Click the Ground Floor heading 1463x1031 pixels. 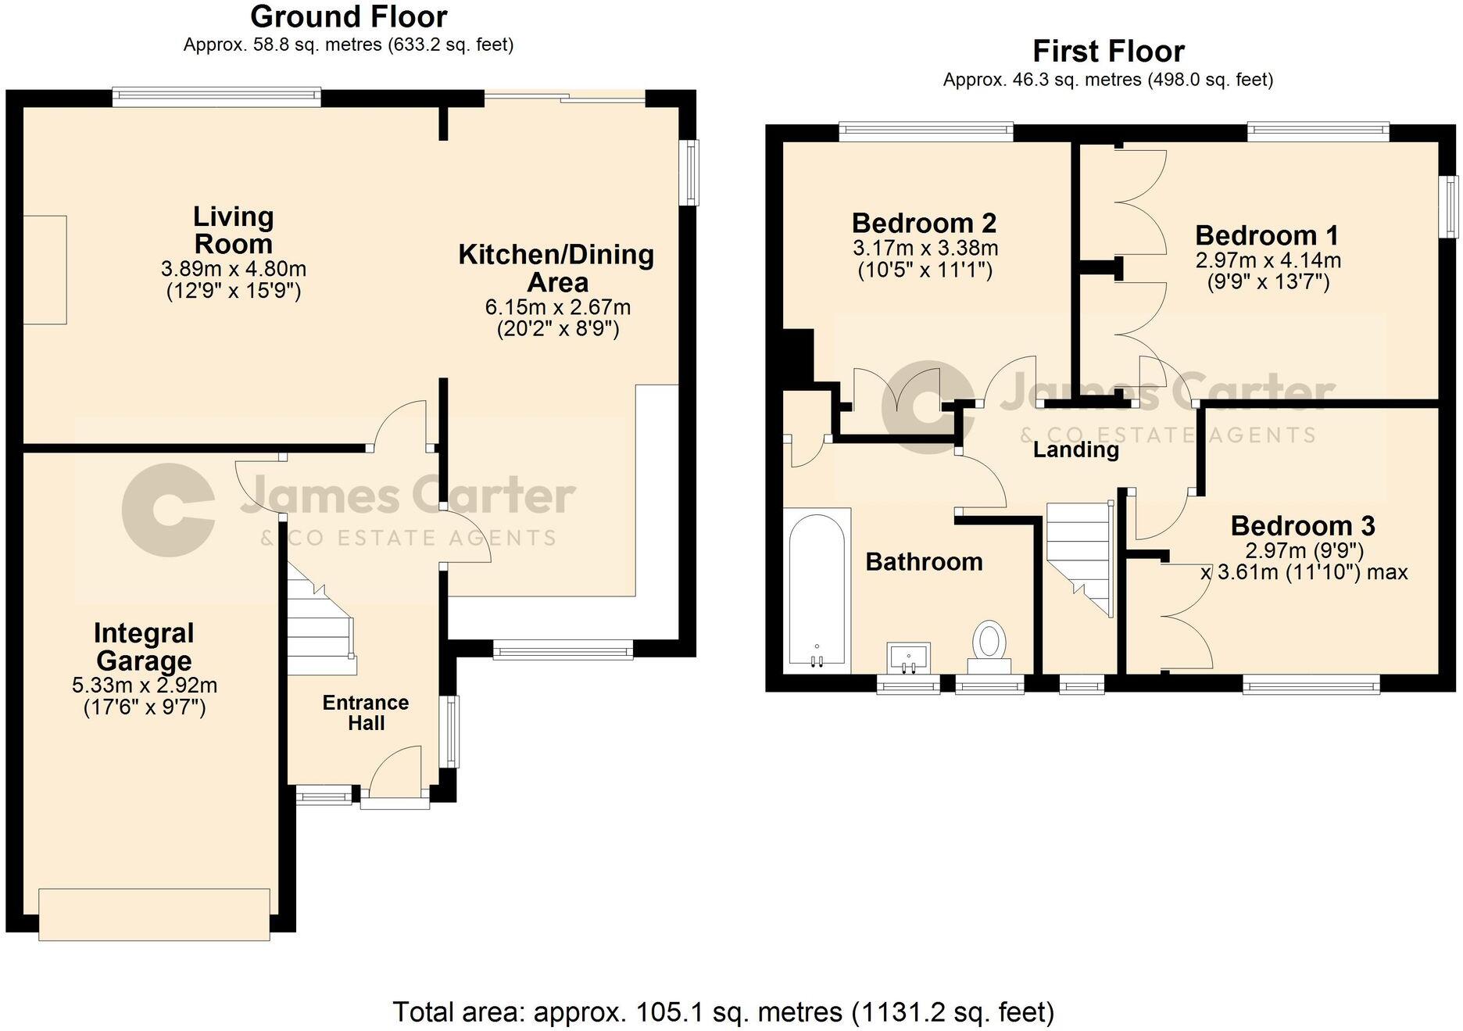349,16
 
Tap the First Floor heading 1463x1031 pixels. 1107,52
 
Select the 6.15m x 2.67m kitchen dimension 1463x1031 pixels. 557,307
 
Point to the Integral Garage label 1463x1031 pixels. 144,646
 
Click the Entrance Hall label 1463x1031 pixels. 366,712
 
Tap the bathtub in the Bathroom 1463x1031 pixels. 817,590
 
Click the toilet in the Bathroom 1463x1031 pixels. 989,642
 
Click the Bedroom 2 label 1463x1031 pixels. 924,224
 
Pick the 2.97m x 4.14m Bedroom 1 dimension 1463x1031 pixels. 1268,260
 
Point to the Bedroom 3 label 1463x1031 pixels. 1302,526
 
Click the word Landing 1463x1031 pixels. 1075,449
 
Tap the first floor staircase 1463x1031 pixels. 1079,555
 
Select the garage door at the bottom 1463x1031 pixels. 154,914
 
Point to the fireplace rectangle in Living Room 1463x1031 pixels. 45,270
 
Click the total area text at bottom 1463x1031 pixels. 723,1011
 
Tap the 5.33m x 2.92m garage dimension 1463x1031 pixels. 145,686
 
